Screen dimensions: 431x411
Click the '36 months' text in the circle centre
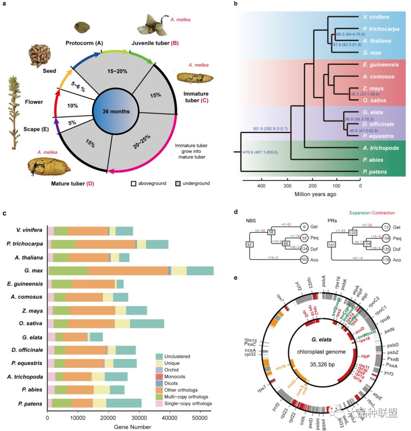(116, 111)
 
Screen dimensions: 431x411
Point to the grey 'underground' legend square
(177, 183)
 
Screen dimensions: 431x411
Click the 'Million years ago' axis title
(315, 194)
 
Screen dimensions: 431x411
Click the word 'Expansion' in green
(360, 213)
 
